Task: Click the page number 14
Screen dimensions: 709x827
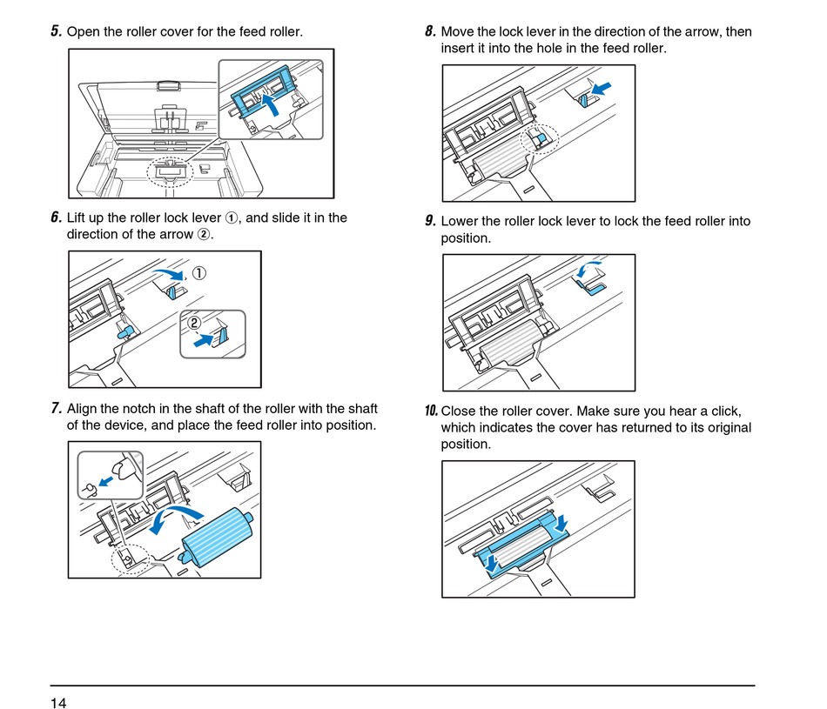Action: (x=58, y=702)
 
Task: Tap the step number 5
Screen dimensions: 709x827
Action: (x=56, y=32)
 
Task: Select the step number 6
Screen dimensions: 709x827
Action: (x=56, y=217)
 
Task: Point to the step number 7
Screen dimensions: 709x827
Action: (x=56, y=408)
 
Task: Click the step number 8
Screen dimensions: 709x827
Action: (x=430, y=32)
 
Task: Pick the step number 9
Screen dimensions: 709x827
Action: (x=430, y=221)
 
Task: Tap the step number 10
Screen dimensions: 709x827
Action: (x=431, y=411)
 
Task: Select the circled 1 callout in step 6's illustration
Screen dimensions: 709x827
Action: (x=199, y=273)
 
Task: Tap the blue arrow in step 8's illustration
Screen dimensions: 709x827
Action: (x=602, y=89)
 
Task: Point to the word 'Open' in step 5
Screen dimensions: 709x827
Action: (x=84, y=32)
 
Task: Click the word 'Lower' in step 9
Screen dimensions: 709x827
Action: (x=460, y=221)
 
